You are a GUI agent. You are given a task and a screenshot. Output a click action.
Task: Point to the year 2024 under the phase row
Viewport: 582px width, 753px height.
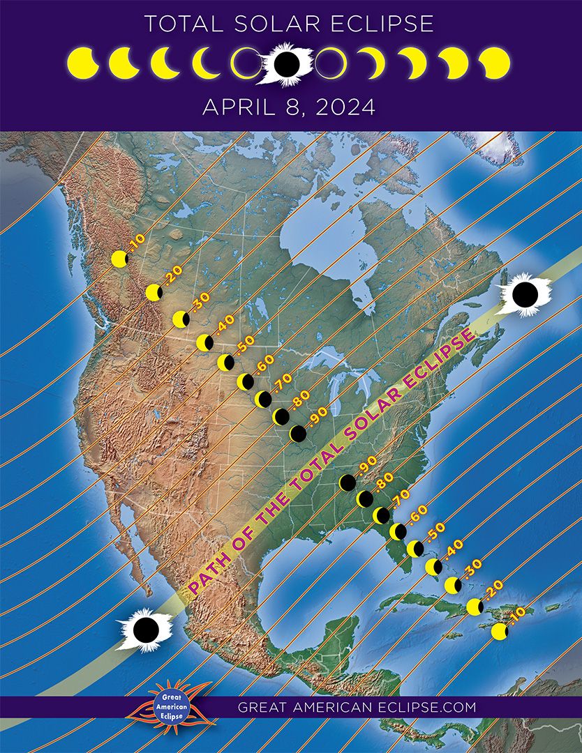[348, 107]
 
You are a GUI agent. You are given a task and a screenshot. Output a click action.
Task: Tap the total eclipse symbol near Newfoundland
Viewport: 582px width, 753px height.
[525, 294]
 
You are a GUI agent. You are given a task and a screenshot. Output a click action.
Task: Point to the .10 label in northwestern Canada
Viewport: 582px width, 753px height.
[136, 243]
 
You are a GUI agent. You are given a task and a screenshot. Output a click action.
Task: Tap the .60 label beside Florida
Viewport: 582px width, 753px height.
[417, 514]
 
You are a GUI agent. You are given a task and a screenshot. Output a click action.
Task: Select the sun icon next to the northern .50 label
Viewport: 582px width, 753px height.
[225, 363]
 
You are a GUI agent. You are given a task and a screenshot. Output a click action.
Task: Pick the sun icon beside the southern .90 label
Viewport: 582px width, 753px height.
[347, 482]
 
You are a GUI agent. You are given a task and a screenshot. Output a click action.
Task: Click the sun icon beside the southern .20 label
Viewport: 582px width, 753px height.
[475, 607]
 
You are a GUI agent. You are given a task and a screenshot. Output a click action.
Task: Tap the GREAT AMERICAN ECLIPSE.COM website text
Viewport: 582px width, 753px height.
[357, 706]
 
